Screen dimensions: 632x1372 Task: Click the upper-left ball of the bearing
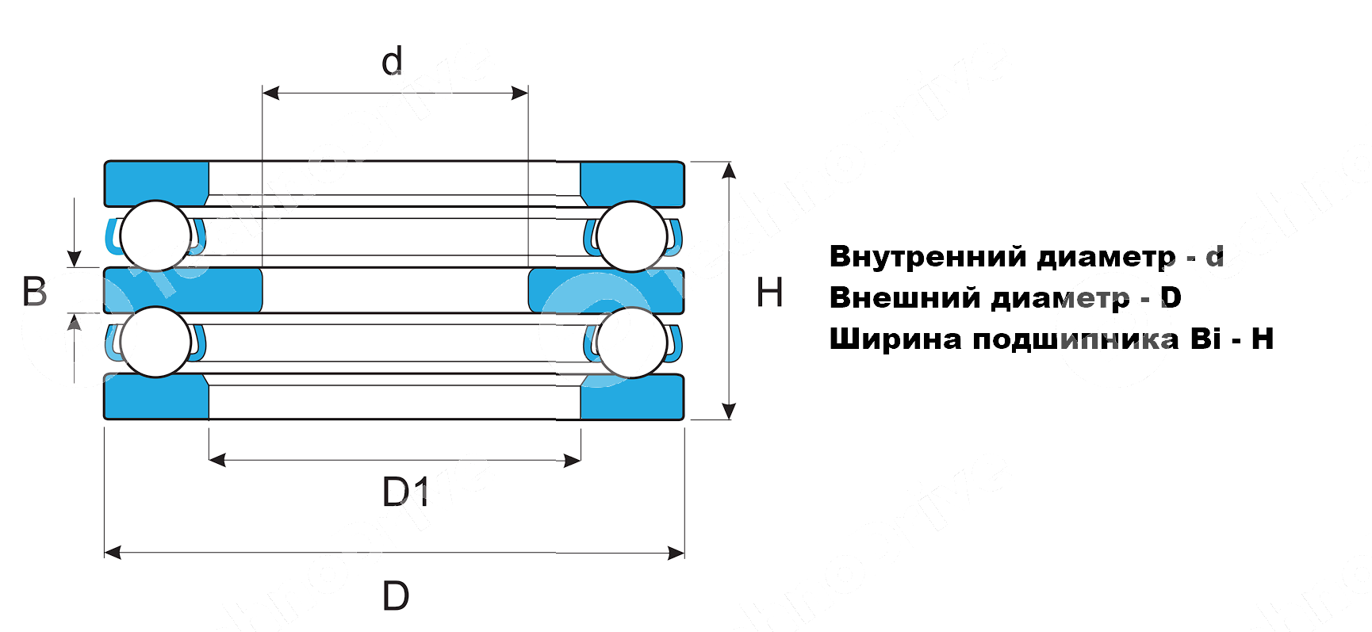pos(155,236)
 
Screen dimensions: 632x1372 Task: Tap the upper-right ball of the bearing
pos(632,236)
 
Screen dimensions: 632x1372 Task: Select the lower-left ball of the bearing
pos(155,342)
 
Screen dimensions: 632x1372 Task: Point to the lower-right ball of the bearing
pos(632,342)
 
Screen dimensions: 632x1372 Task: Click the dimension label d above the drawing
pos(392,61)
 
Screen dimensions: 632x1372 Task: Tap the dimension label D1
pos(405,492)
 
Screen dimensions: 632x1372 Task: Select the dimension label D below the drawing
pos(396,596)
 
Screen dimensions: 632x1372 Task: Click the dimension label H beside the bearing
pos(769,293)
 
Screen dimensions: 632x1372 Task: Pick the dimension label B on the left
pos(35,292)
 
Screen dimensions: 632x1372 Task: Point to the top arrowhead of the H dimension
pos(730,170)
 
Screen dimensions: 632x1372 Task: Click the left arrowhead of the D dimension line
pos(113,553)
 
